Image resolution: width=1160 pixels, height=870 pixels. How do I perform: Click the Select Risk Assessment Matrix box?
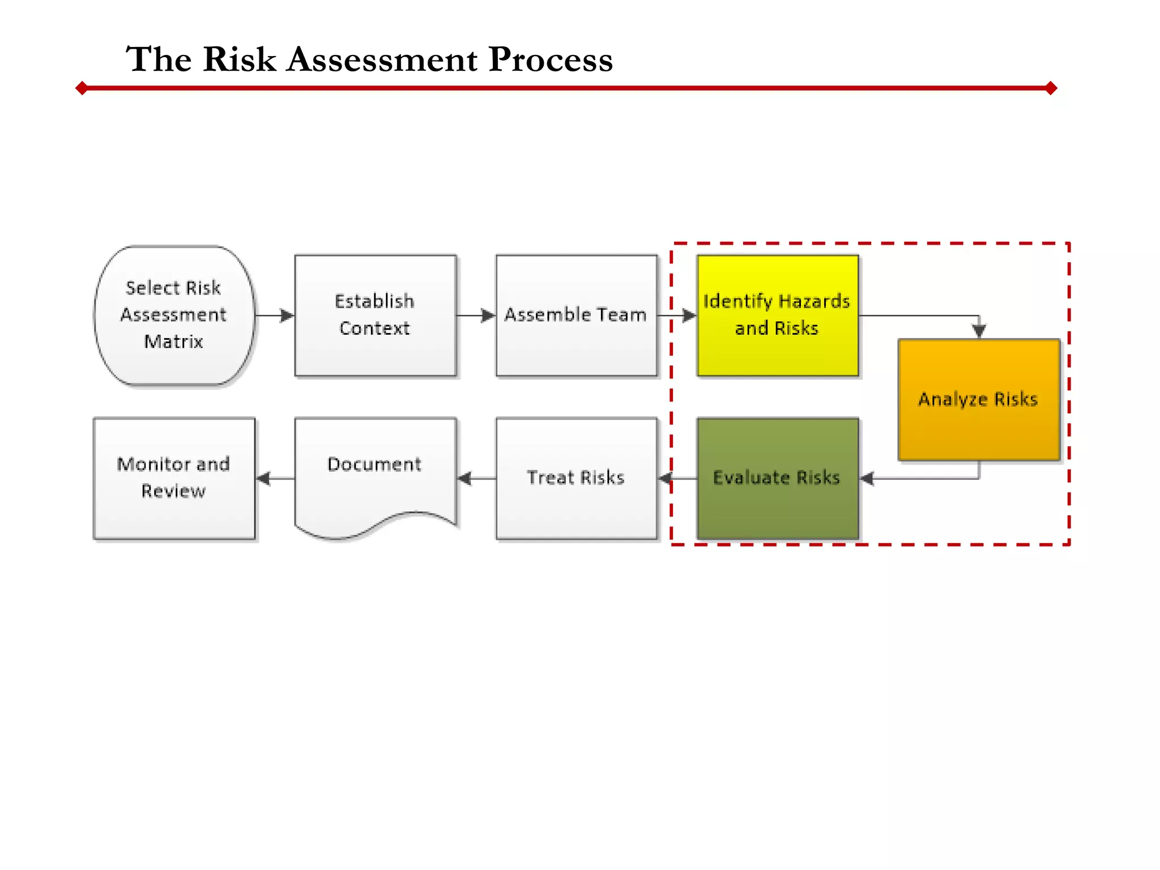pyautogui.click(x=174, y=315)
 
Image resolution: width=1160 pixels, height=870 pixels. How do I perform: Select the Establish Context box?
pyautogui.click(x=375, y=315)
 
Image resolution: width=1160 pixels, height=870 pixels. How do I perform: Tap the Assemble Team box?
pyautogui.click(x=576, y=315)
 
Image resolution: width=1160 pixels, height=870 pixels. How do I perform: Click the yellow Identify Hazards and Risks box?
pyautogui.click(x=777, y=315)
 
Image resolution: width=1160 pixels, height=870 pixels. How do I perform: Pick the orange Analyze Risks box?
pyautogui.click(x=978, y=399)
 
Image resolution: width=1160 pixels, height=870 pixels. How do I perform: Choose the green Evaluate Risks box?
pyautogui.click(x=777, y=478)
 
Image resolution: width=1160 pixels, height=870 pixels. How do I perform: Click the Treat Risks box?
pyautogui.click(x=576, y=478)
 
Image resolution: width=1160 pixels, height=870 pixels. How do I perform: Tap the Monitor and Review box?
pyautogui.click(x=174, y=478)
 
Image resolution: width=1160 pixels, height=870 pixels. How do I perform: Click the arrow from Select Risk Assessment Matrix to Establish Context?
pyautogui.click(x=275, y=315)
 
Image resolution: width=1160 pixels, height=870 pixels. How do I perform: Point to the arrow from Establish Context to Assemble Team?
pyautogui.click(x=476, y=315)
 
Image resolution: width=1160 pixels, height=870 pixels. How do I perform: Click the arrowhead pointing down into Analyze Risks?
pyautogui.click(x=979, y=330)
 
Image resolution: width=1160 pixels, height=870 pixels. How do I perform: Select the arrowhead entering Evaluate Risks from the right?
pyautogui.click(x=867, y=479)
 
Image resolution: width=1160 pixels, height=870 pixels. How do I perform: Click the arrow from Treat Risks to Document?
pyautogui.click(x=476, y=479)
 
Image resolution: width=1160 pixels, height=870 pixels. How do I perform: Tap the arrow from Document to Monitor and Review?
pyautogui.click(x=275, y=479)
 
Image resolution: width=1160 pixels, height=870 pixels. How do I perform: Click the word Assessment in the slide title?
pyautogui.click(x=382, y=59)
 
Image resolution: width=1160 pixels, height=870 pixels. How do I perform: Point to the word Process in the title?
pyautogui.click(x=551, y=59)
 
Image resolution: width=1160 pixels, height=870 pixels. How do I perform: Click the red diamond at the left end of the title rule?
pyautogui.click(x=82, y=88)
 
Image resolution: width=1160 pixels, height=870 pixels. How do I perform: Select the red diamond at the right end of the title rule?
pyautogui.click(x=1051, y=88)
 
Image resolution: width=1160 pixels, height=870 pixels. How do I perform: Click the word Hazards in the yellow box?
pyautogui.click(x=814, y=301)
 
